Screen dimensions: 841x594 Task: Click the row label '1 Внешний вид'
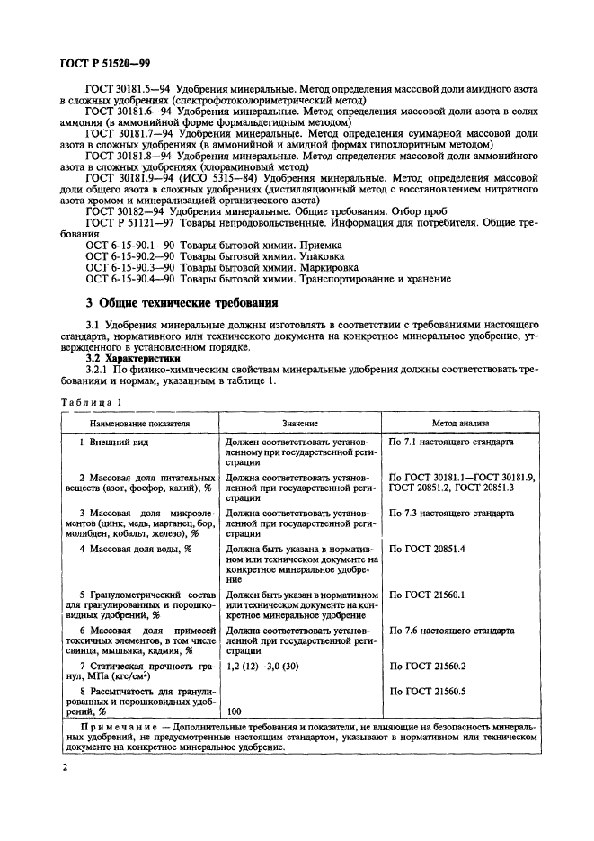tap(113, 443)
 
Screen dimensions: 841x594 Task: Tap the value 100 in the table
tap(235, 711)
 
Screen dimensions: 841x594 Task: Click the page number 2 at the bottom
tap(65, 767)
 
